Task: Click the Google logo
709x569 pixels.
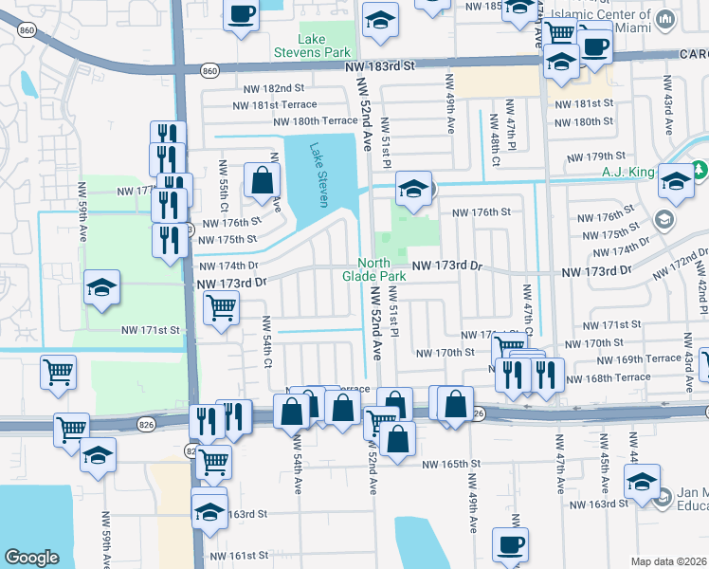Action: click(x=31, y=557)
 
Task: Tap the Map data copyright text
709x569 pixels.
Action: click(x=669, y=561)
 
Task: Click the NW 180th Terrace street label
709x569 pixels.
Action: click(x=316, y=121)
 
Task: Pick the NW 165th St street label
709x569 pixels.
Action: click(x=453, y=464)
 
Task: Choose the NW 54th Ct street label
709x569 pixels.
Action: click(x=268, y=341)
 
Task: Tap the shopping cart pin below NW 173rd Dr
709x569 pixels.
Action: click(x=221, y=306)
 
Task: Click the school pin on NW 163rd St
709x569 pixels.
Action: click(x=209, y=512)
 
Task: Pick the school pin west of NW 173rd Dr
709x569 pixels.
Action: click(x=102, y=285)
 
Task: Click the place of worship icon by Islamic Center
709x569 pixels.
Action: click(x=665, y=19)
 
